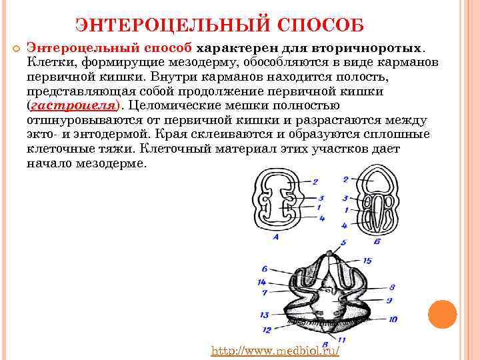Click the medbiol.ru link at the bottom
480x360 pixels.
[275, 350]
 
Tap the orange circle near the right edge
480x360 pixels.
[442, 313]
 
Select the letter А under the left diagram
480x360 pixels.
[275, 235]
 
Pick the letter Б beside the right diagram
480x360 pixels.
[377, 240]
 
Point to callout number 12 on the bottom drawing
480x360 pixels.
[266, 329]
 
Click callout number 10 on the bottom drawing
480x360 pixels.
[393, 319]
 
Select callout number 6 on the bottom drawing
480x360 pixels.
[265, 269]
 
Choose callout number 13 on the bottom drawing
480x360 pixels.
[264, 315]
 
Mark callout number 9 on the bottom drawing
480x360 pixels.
[389, 301]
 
